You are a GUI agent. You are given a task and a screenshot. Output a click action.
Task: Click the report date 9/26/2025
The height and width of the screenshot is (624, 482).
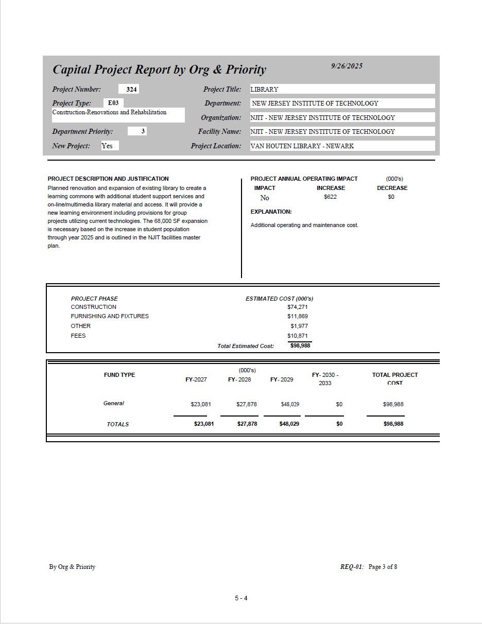[x=347, y=66]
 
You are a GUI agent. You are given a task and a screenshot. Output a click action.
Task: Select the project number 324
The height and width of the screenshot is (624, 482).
[x=131, y=90]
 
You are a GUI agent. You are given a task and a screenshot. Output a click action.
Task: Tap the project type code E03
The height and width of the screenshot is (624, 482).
[x=113, y=103]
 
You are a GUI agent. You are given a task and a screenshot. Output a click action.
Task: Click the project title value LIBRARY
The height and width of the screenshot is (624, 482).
[x=264, y=90]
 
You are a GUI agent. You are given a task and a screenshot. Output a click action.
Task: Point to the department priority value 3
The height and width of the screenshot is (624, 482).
[x=143, y=131]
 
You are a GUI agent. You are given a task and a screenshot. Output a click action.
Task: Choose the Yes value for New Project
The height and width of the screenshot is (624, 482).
[x=107, y=146]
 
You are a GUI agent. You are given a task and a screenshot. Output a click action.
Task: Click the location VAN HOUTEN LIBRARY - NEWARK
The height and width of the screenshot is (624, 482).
[x=302, y=146]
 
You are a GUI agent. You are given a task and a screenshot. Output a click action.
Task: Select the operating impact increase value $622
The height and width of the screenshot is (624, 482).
[x=330, y=197]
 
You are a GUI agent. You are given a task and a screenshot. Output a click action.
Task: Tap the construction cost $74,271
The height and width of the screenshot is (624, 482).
[x=298, y=307]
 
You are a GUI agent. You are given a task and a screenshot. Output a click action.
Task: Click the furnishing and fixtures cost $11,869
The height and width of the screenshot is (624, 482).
[x=298, y=317]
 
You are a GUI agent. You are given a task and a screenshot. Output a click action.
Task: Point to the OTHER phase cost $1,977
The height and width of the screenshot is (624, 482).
[x=299, y=326]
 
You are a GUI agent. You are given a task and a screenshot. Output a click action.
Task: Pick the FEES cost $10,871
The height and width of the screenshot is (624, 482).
[x=298, y=336]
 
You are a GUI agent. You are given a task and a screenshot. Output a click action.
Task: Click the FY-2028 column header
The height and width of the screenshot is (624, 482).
[x=239, y=379]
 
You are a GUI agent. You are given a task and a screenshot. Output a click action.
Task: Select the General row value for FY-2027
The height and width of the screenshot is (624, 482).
[x=201, y=405]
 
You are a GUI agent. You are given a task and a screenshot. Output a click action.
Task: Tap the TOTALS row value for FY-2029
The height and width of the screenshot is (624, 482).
[x=289, y=424]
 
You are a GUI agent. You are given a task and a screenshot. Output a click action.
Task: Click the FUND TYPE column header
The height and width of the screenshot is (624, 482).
[x=119, y=375]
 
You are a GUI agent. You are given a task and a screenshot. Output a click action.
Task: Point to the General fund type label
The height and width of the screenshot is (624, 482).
[x=114, y=404]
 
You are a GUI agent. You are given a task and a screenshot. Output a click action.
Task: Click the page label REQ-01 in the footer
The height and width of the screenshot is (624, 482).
[x=352, y=567]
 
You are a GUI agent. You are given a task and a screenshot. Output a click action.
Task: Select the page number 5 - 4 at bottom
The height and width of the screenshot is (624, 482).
[x=242, y=598]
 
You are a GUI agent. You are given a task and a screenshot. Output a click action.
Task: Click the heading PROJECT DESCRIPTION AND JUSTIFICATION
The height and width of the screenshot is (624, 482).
[x=108, y=179]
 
